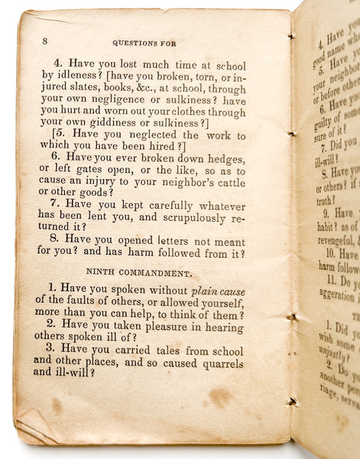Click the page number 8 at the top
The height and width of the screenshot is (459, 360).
45,41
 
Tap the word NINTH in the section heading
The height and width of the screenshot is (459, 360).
101,271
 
